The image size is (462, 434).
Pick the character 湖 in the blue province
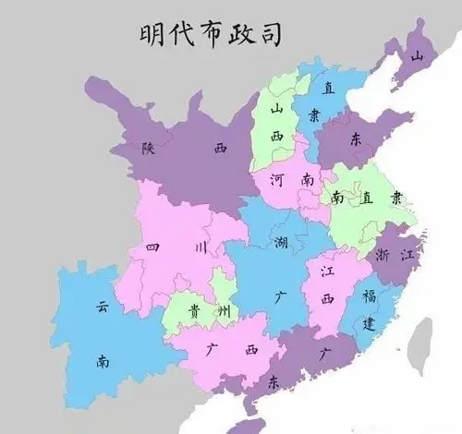pyautogui.click(x=281, y=243)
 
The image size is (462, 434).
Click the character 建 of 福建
pyautogui.click(x=370, y=324)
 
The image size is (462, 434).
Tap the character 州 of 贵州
pyautogui.click(x=223, y=311)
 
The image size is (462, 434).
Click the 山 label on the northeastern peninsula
pyautogui.click(x=418, y=57)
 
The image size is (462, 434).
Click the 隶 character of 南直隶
pyautogui.click(x=395, y=197)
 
